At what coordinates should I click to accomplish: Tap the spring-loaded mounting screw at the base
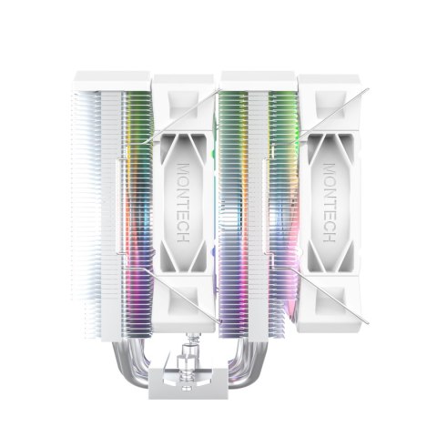[x=192, y=351]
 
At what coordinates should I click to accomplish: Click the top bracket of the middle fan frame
[x=186, y=91]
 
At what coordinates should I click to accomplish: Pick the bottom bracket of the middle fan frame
[x=186, y=305]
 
